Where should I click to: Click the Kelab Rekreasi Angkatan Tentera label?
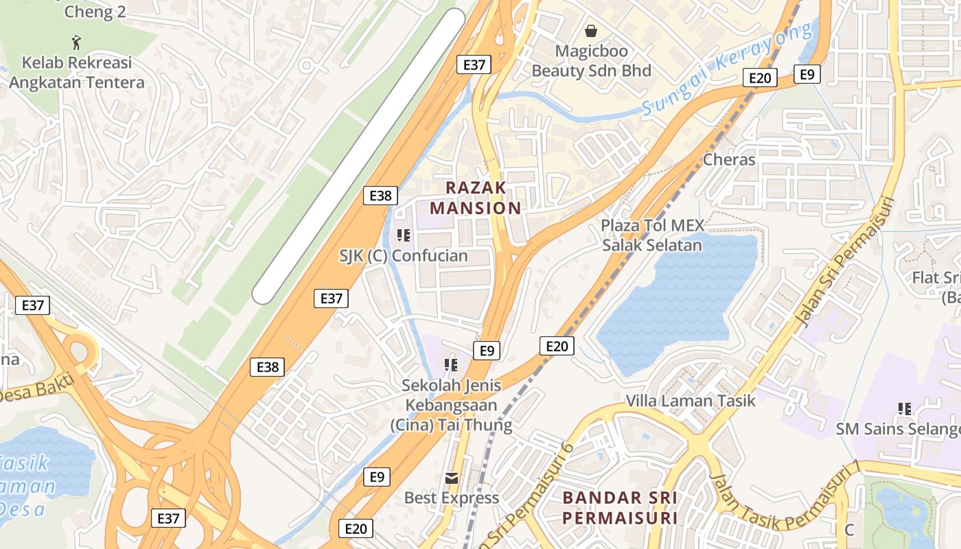77,73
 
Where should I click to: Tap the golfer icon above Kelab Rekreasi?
77,43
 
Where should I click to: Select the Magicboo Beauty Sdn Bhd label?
592,61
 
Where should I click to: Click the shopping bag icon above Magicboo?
591,31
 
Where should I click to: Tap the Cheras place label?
729,160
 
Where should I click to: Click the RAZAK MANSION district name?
476,198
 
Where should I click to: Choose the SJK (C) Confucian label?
404,256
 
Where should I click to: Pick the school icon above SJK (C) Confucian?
404,235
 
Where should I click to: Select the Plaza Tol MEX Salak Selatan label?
652,235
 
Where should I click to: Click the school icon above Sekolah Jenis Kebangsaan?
451,364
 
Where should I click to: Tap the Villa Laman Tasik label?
691,401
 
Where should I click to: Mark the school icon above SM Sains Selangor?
905,409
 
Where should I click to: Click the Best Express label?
452,498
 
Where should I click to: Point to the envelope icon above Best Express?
452,478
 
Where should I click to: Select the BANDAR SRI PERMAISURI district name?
620,508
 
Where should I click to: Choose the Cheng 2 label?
90,12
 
